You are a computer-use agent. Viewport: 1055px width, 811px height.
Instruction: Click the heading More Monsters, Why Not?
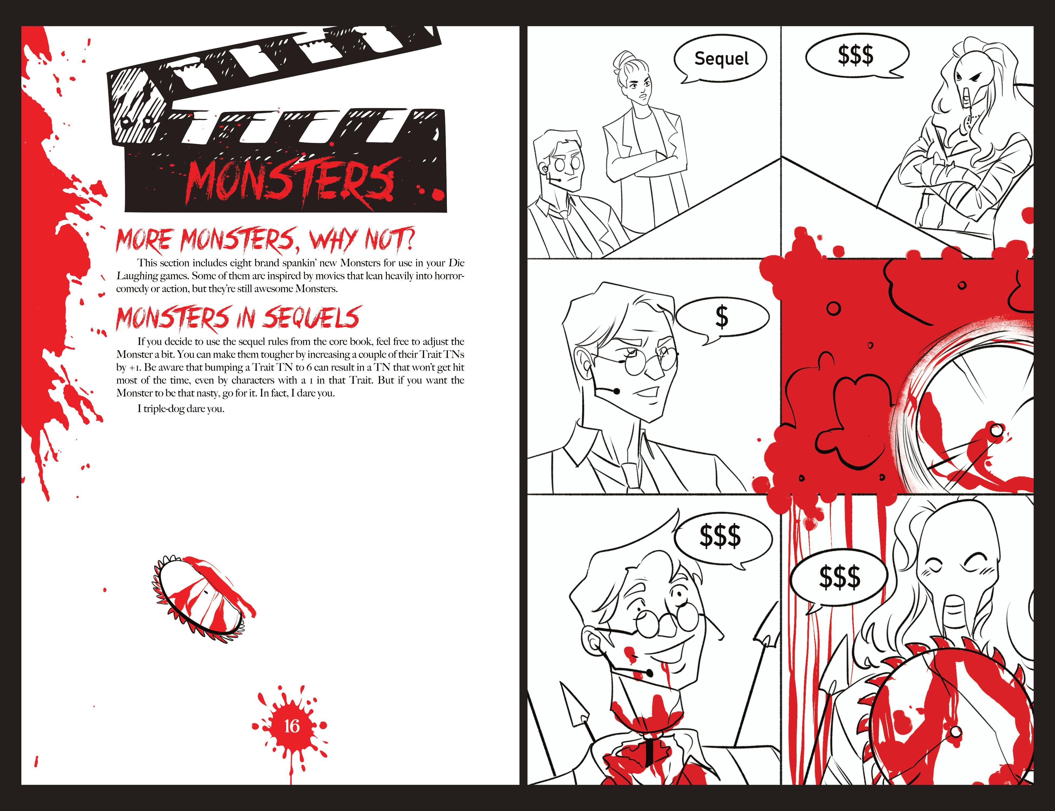point(265,240)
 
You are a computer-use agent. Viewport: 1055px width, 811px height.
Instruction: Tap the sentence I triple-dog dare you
point(181,409)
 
